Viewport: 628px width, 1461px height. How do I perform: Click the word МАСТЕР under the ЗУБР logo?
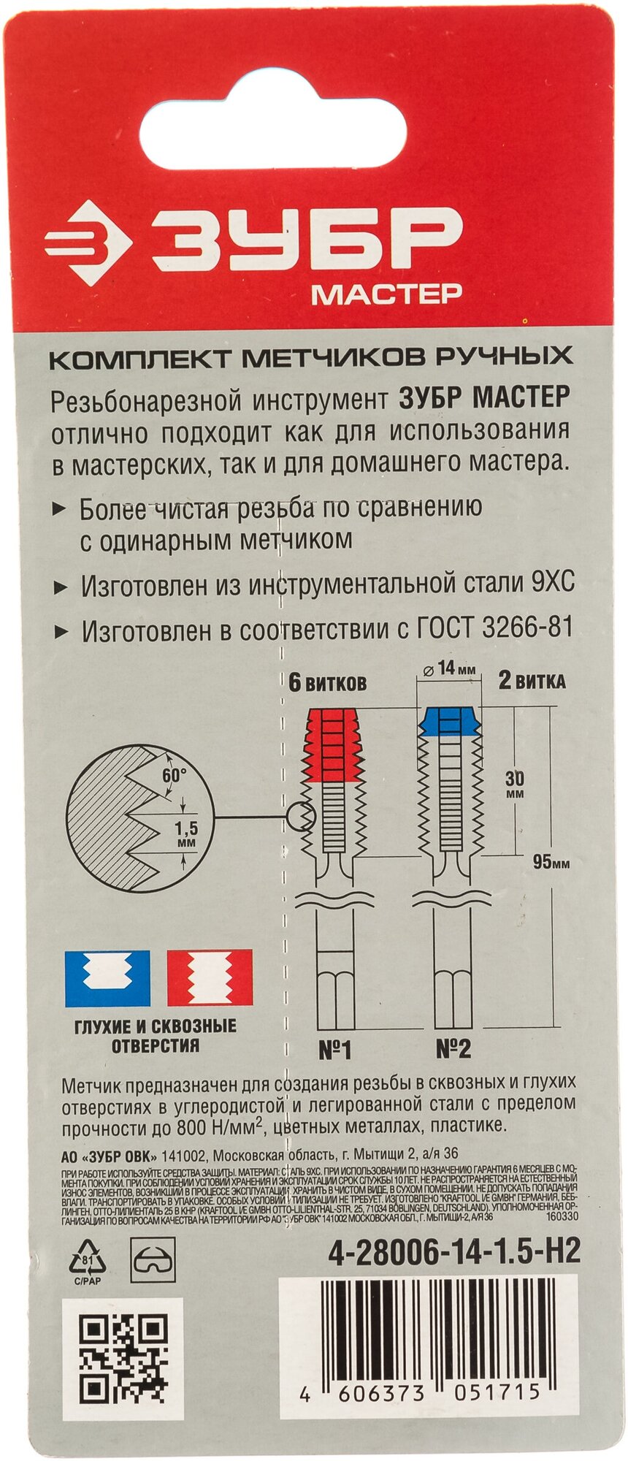(386, 294)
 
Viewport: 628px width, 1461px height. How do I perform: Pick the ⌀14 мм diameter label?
(447, 668)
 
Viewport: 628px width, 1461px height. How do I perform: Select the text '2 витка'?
(532, 682)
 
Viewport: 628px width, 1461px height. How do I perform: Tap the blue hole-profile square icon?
(107, 977)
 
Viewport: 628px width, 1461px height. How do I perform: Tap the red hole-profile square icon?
(210, 977)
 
